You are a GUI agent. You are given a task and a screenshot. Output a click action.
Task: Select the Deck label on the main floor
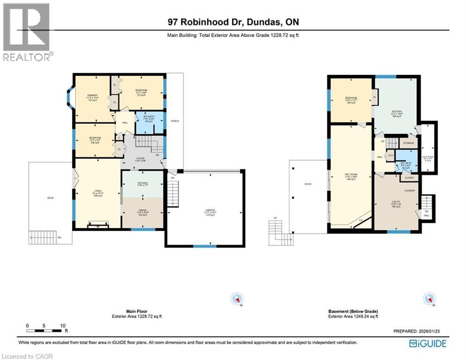[50, 198]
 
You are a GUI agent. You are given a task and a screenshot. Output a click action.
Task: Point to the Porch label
[175, 121]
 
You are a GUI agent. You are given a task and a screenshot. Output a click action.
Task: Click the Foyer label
[140, 158]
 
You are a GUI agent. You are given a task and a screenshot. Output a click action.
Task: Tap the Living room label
[97, 190]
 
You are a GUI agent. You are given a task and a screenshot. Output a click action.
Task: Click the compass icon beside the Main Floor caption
[237, 299]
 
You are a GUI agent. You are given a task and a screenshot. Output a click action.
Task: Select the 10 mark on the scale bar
[63, 325]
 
